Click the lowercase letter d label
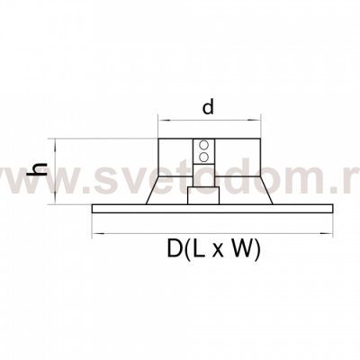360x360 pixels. pyautogui.click(x=208, y=107)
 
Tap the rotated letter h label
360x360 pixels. pyautogui.click(x=37, y=169)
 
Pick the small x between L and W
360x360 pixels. pyautogui.click(x=218, y=252)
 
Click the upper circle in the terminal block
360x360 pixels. pyautogui.click(x=204, y=144)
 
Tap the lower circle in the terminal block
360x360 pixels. pyautogui.click(x=204, y=157)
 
